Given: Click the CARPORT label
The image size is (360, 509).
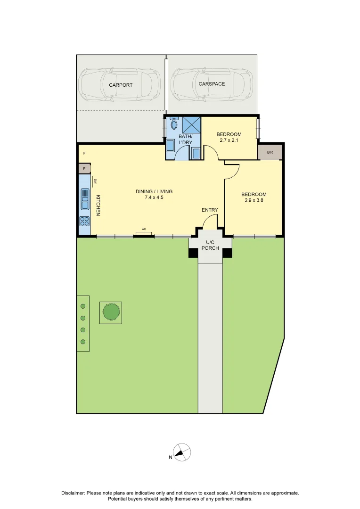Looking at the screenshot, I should click(121, 85).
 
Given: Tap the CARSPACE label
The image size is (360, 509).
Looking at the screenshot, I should click(212, 84).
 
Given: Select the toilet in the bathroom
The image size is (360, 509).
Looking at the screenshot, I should click(174, 124).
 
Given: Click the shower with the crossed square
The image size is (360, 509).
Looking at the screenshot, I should click(191, 125).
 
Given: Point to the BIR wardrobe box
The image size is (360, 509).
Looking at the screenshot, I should click(270, 153).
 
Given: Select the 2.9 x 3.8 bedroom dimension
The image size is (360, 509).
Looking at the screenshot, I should click(254, 201).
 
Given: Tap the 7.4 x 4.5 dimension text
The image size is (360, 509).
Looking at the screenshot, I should click(154, 197).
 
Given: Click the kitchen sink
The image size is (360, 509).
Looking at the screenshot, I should click(85, 198).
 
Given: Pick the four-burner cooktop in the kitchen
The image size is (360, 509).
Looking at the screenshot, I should click(85, 221).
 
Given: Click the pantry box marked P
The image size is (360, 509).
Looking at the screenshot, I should click(84, 169).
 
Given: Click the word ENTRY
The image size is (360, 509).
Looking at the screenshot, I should click(210, 210).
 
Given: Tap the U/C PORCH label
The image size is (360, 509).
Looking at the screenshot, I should click(210, 245).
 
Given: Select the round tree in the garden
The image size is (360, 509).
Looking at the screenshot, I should click(111, 312).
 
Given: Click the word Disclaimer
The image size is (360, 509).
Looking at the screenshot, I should click(73, 493).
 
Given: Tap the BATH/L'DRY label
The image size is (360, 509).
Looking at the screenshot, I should click(185, 139).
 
